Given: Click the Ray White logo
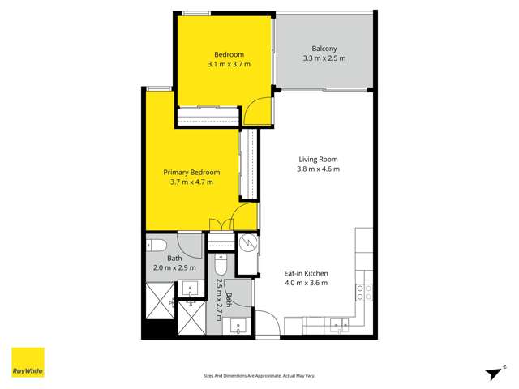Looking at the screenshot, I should (x=27, y=363).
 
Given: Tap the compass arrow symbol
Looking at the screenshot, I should (x=492, y=372).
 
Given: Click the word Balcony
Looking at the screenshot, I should (x=324, y=48).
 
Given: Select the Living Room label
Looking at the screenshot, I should (x=318, y=159).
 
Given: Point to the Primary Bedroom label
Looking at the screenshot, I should (x=192, y=172).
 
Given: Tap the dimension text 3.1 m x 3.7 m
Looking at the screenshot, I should (x=229, y=63).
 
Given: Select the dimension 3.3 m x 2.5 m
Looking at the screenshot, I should (x=324, y=58).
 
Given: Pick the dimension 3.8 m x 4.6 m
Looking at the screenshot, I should (x=318, y=169).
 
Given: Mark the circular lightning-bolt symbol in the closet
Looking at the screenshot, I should (x=248, y=242).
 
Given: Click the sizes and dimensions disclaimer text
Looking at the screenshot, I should (x=259, y=376).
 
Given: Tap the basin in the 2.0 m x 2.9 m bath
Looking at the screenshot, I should (x=191, y=288).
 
